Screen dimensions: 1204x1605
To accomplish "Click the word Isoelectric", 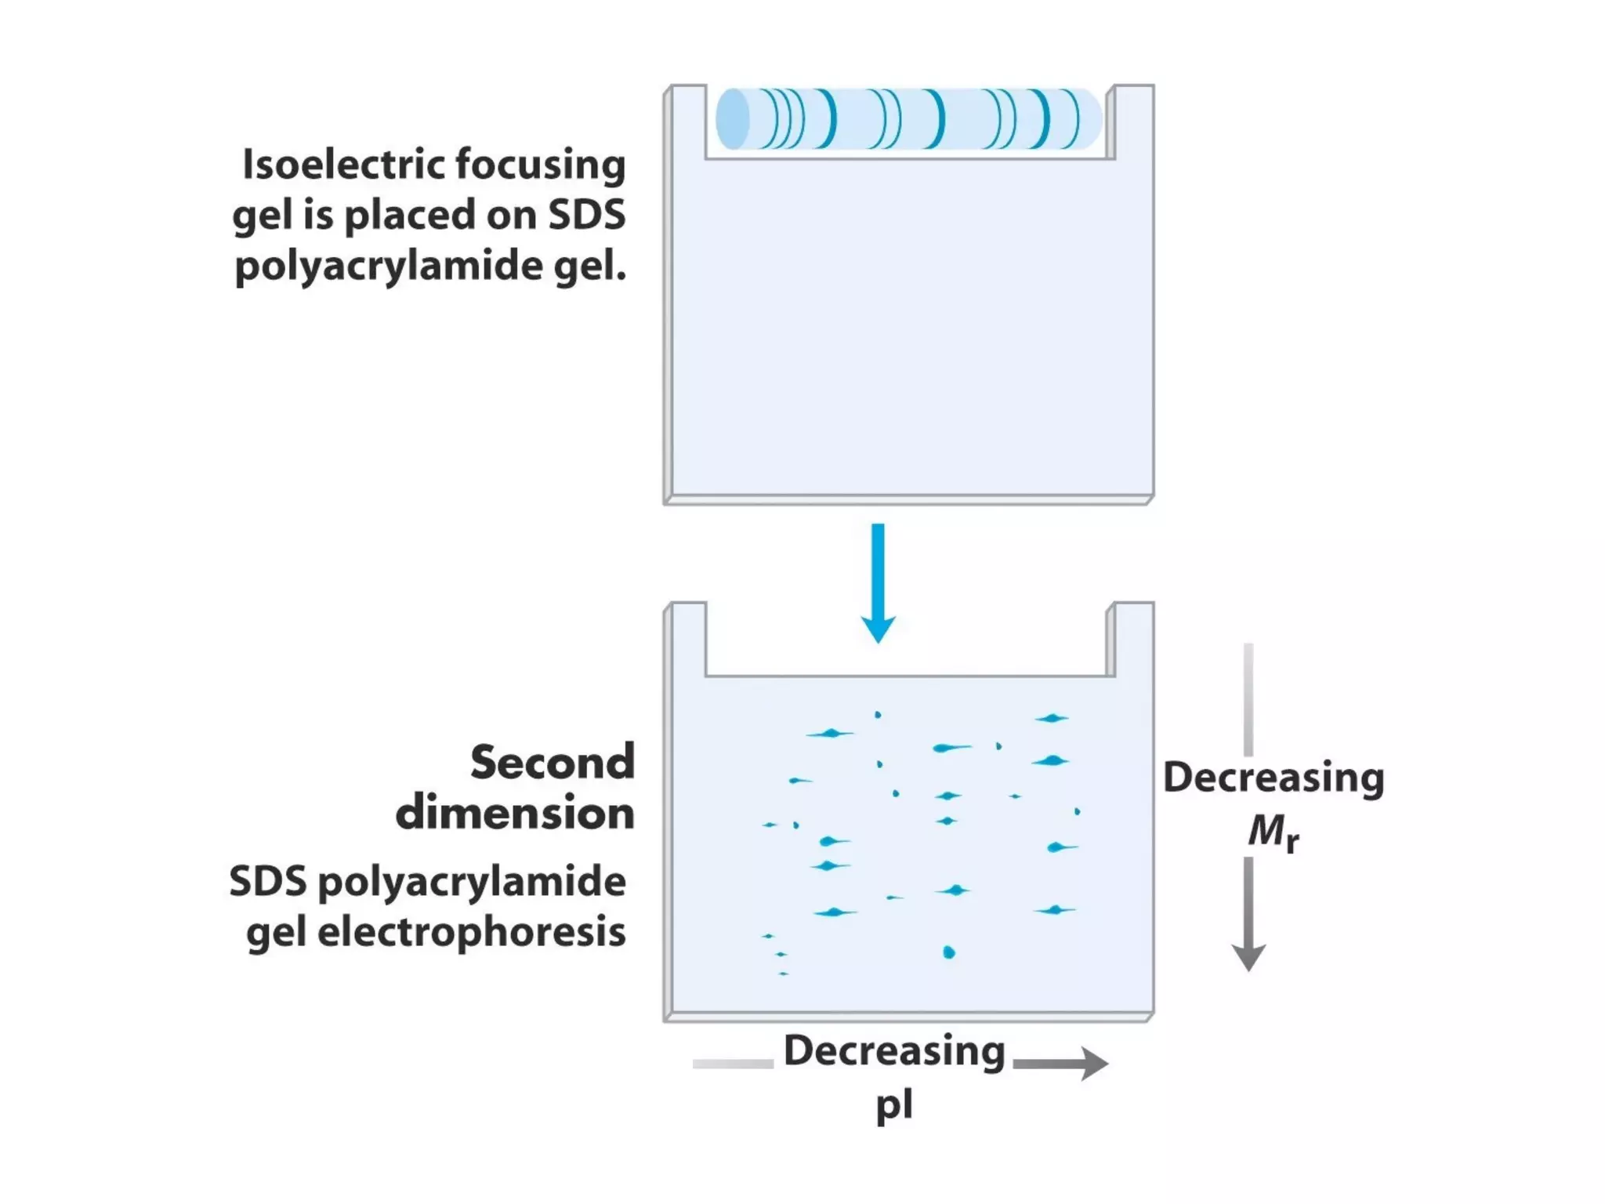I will click(x=342, y=165).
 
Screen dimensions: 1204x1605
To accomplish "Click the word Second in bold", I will click(x=553, y=762).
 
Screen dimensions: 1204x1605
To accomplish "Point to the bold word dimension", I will click(x=515, y=813).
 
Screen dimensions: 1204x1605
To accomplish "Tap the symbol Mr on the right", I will click(x=1273, y=832).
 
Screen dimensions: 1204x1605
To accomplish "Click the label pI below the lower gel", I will click(x=894, y=1104).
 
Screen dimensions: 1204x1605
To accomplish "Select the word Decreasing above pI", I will click(x=894, y=1051).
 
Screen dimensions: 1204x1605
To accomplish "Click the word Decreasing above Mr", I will click(x=1273, y=778).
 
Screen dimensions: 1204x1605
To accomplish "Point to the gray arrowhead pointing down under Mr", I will click(x=1248, y=957).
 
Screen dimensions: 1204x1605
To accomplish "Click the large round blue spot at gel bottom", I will click(x=949, y=952).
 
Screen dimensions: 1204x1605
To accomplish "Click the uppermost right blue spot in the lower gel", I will click(x=1051, y=718).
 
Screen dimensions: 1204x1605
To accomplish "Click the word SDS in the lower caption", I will click(x=268, y=882).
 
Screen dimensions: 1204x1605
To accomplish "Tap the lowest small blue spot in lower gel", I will click(x=783, y=974).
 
